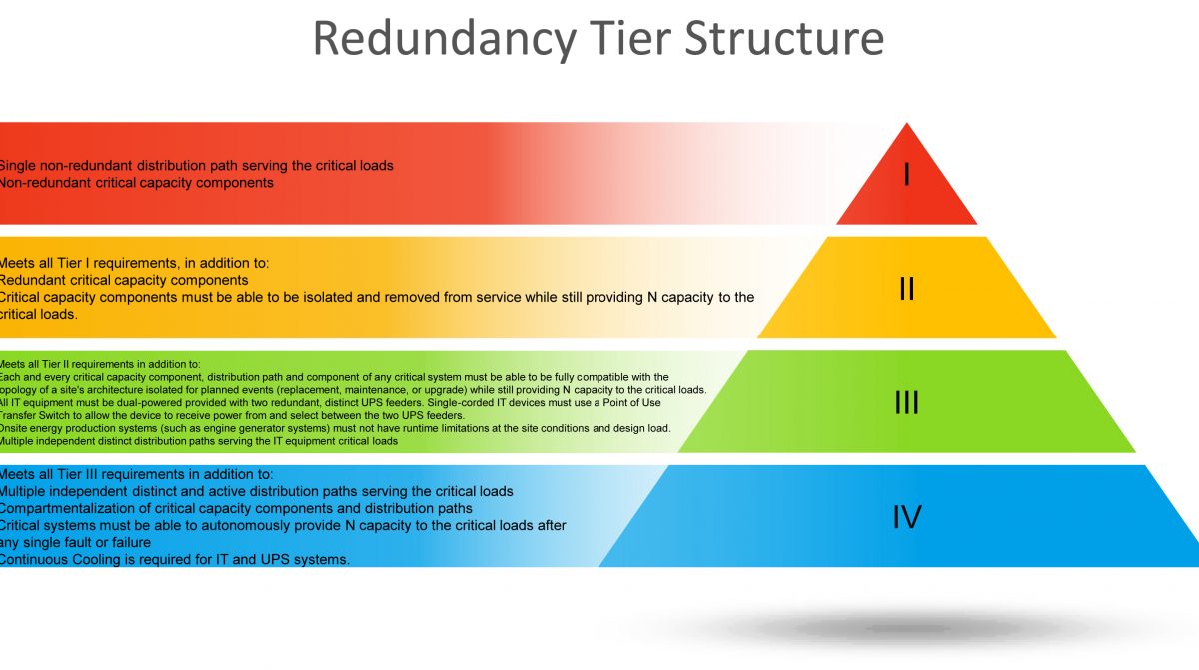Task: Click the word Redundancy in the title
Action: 444,38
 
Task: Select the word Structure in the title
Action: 789,38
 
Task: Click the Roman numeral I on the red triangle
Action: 906,175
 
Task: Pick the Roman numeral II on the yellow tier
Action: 906,289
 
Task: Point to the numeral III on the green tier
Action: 906,402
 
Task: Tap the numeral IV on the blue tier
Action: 906,517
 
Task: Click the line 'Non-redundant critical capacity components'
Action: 137,183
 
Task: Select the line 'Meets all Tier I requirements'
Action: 134,263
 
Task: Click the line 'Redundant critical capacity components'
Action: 124,280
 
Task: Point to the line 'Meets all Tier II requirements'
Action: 100,364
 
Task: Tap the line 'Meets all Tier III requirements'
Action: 137,474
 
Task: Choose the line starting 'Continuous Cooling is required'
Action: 175,559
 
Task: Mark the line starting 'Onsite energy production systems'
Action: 335,428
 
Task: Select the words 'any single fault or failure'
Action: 75,542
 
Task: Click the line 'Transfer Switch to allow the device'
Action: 232,415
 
